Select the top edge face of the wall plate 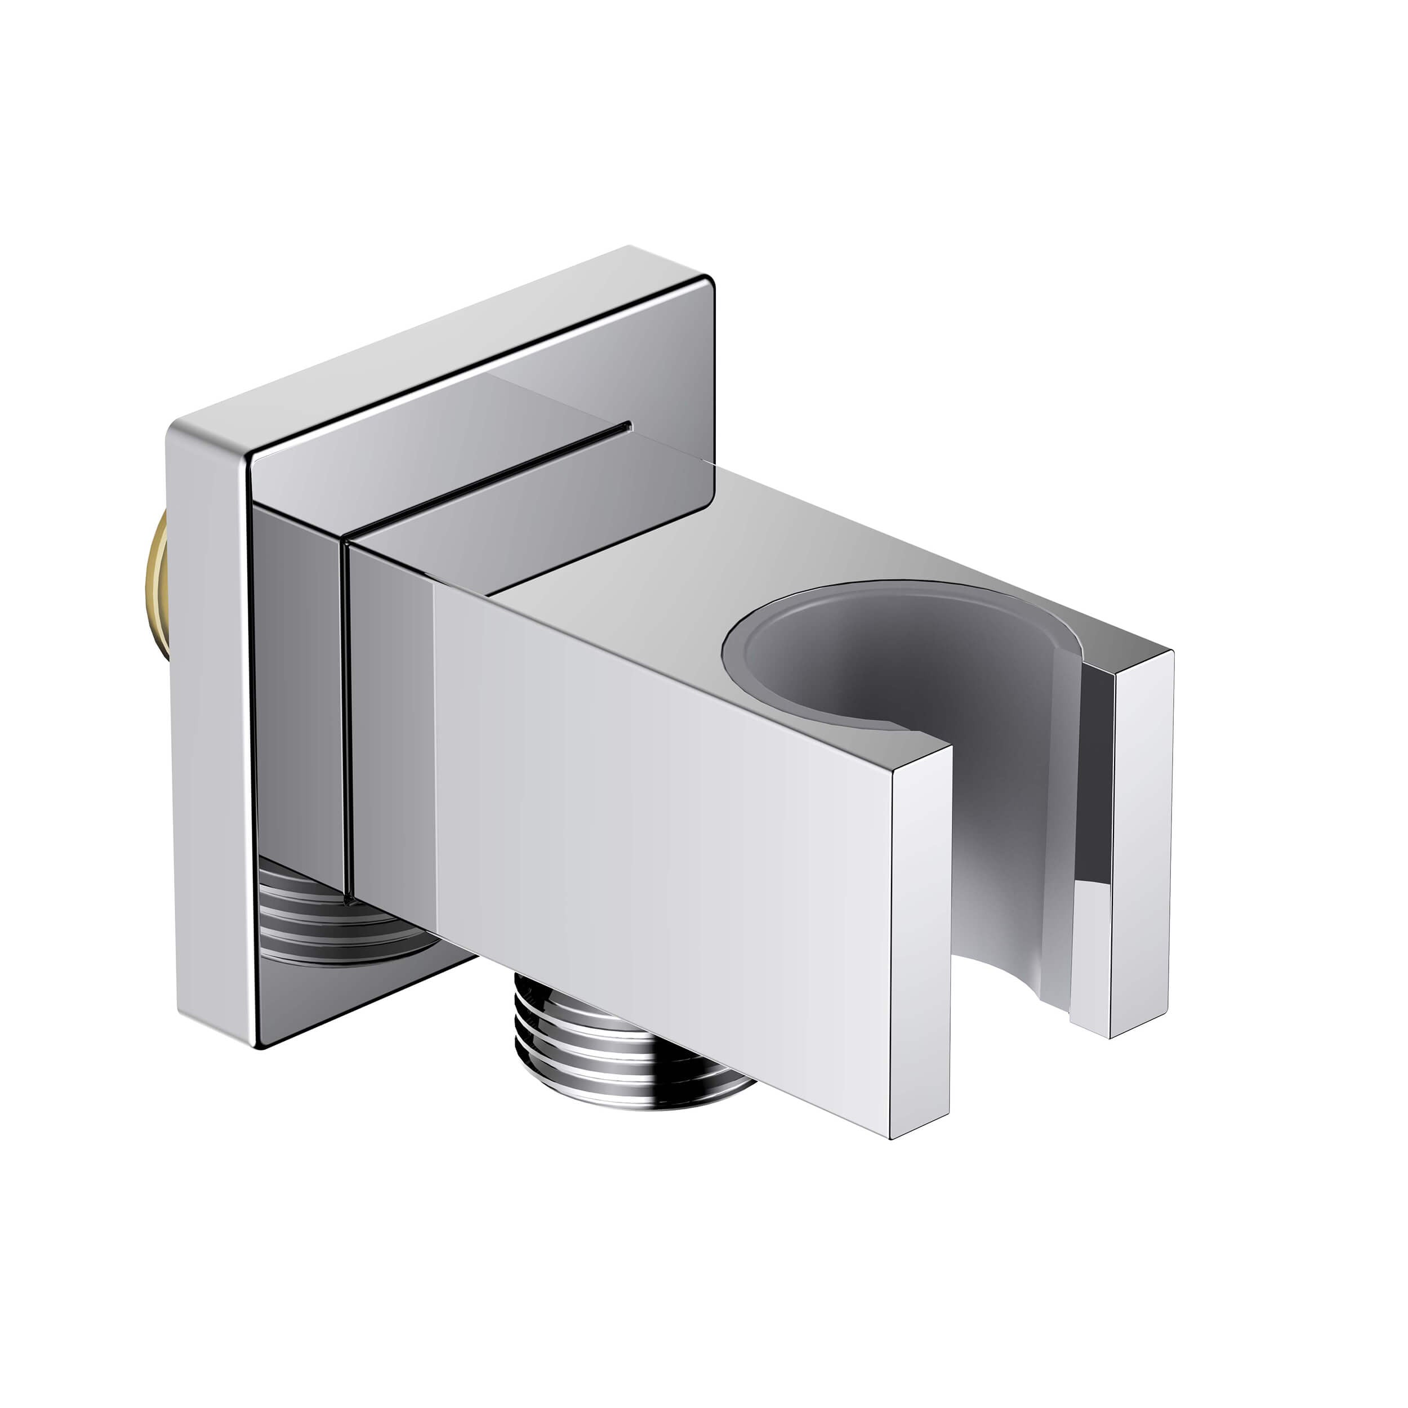[437, 350]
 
